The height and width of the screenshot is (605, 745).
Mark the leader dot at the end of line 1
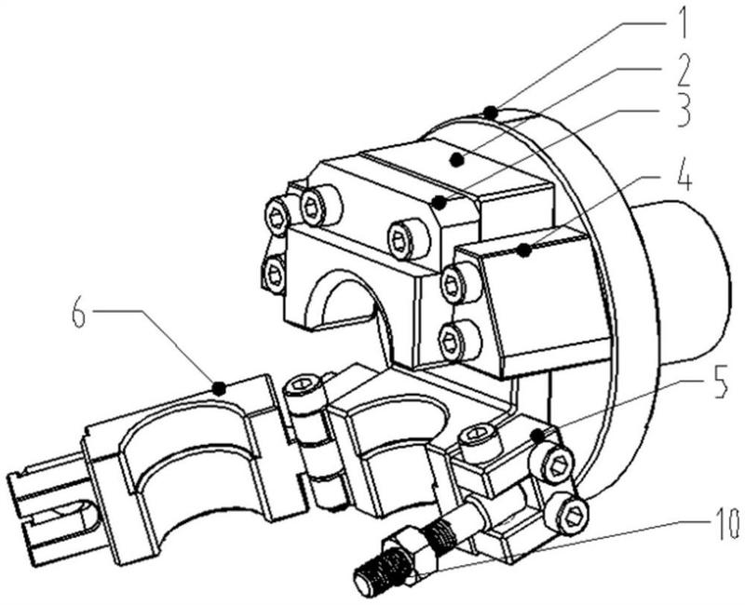491,113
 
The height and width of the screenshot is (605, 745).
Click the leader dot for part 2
456,160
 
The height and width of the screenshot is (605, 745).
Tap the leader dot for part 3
440,203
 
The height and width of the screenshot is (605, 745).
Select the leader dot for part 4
523,249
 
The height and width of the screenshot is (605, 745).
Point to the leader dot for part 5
537,435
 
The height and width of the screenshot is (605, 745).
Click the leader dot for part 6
218,388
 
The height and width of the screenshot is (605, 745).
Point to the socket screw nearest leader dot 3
410,239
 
